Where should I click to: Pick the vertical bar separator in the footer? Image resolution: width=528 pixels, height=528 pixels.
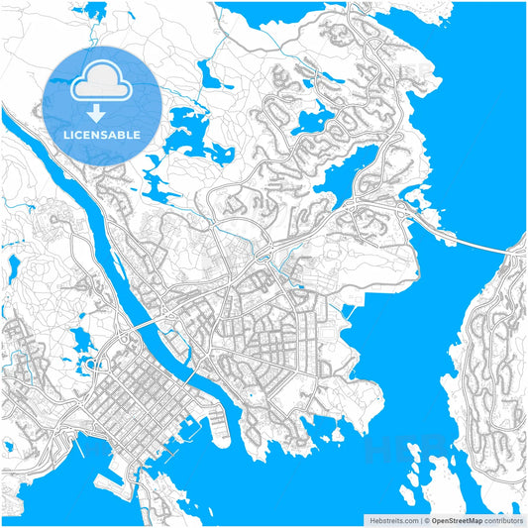(x=420, y=519)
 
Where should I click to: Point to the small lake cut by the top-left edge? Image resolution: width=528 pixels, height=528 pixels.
(x=96, y=12)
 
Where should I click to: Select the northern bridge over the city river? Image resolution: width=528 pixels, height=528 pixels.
(x=143, y=324)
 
